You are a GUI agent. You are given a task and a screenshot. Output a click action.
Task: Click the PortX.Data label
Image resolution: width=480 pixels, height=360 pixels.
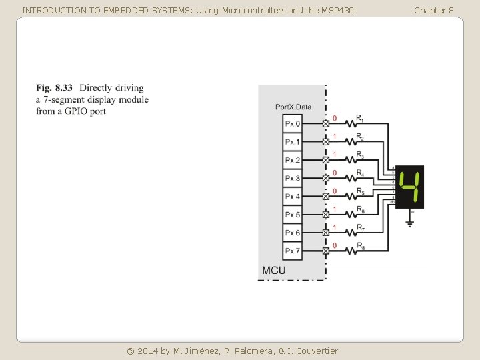point(293,107)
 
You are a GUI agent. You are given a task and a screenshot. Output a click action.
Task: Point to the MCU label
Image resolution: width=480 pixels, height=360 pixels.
point(273,270)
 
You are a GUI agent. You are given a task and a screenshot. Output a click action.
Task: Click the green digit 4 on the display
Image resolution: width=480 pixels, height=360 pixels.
point(409,187)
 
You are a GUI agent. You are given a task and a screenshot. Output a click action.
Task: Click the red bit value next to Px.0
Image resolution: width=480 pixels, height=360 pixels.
point(335,119)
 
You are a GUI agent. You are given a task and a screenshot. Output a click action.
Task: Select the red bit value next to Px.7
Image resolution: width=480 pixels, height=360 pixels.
point(335,245)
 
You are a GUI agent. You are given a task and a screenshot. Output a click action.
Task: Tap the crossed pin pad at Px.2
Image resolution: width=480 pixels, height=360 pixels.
point(326,160)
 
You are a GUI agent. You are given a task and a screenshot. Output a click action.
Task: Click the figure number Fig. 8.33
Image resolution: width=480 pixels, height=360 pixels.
point(54,88)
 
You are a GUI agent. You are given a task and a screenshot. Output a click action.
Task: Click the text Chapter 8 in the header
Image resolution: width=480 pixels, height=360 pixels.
point(433,10)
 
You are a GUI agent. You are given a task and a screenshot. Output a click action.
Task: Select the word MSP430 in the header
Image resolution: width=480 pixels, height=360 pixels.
point(337,10)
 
